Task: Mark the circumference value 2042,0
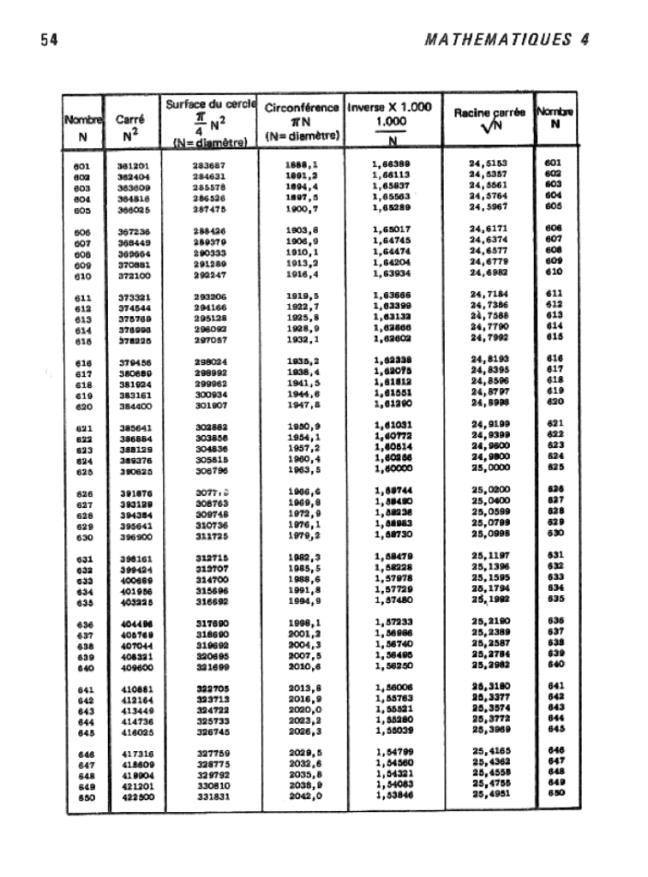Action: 303,798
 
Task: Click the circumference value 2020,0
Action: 303,710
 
